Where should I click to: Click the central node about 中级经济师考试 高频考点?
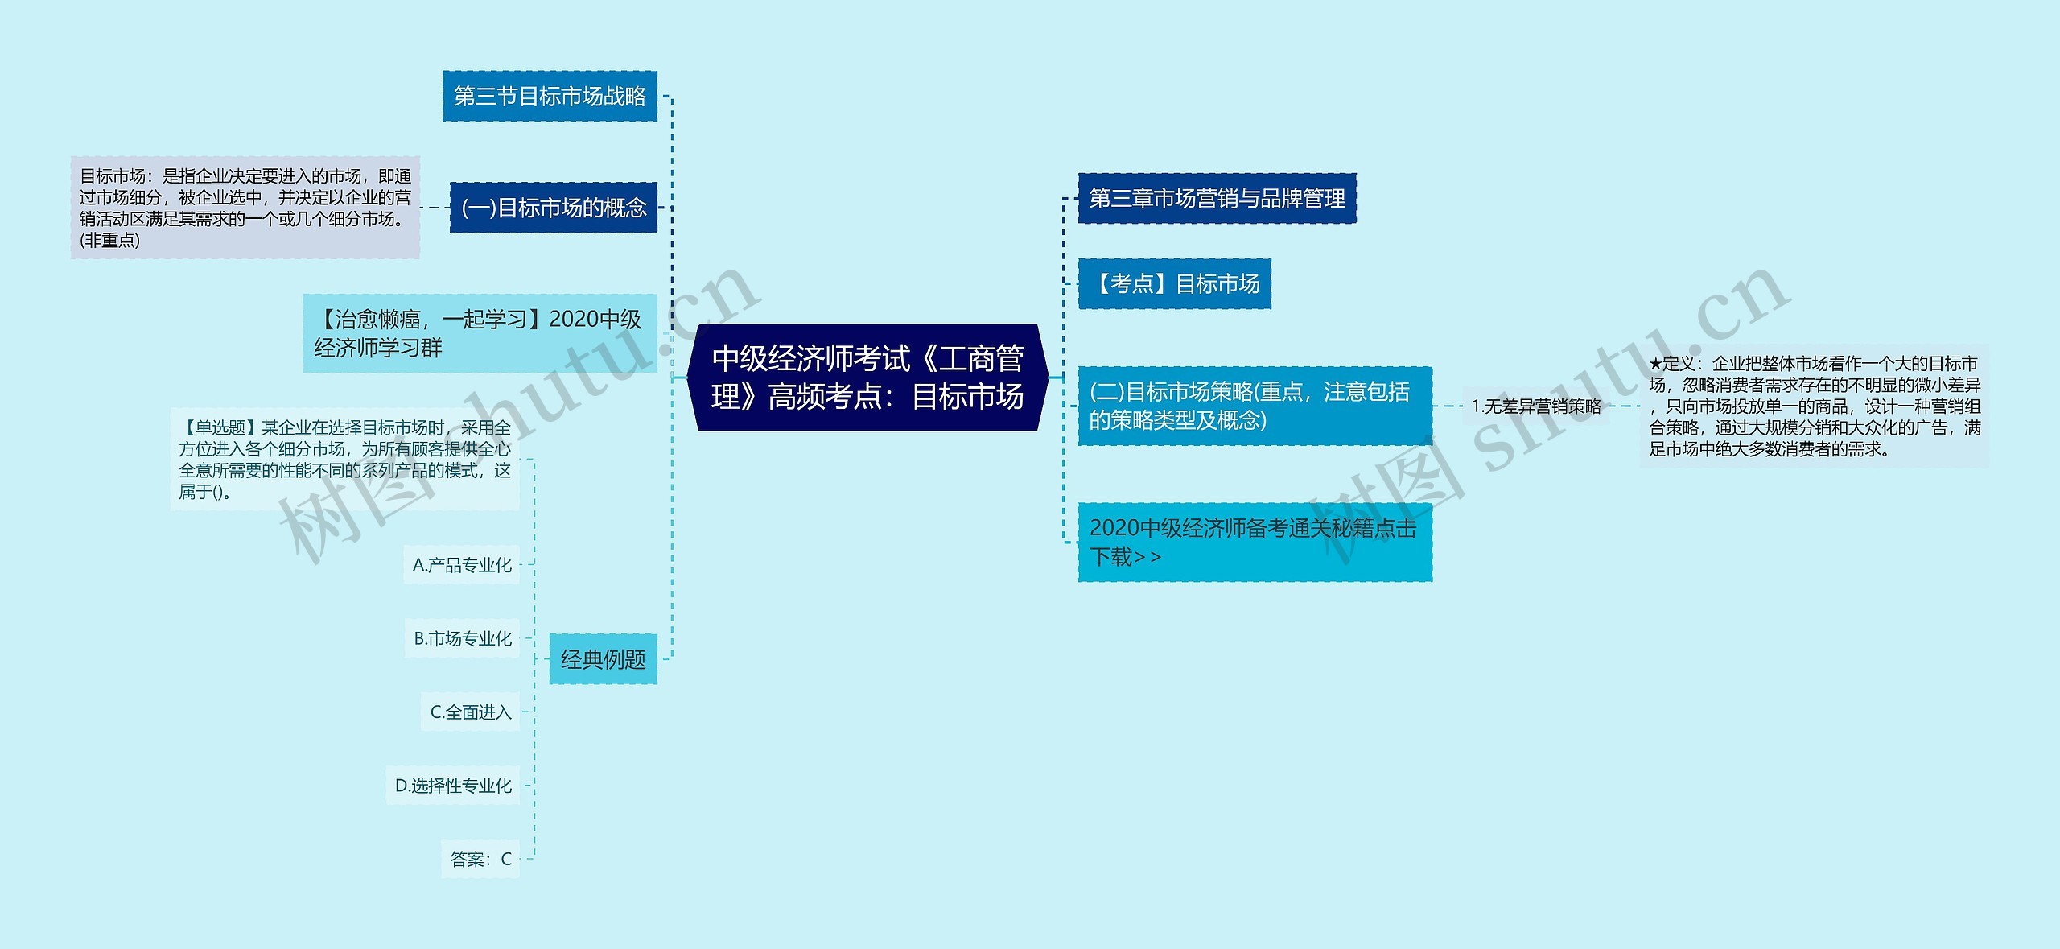click(x=867, y=378)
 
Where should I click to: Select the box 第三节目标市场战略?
click(x=550, y=97)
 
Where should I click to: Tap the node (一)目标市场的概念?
click(x=554, y=208)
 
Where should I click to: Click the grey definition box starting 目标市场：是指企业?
click(x=245, y=208)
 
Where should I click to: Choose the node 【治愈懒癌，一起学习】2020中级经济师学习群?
click(x=480, y=333)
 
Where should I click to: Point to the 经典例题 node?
click(x=603, y=659)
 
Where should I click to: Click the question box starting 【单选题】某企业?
click(x=344, y=460)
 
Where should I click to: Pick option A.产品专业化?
click(x=462, y=565)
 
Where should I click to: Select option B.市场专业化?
click(x=463, y=638)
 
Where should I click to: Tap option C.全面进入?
click(x=471, y=712)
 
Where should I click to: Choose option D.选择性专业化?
click(x=453, y=786)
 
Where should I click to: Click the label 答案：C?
click(x=480, y=859)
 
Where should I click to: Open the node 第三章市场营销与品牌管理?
click(x=1217, y=198)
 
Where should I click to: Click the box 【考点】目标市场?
click(x=1175, y=283)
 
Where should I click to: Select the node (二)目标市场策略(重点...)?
click(x=1255, y=406)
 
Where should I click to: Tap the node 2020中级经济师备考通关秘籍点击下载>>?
click(x=1255, y=542)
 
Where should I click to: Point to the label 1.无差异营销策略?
click(x=1536, y=406)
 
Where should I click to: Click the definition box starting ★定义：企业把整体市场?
click(x=1815, y=406)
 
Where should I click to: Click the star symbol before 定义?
click(x=1655, y=365)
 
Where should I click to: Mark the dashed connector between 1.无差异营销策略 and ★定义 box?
click(x=1624, y=406)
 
